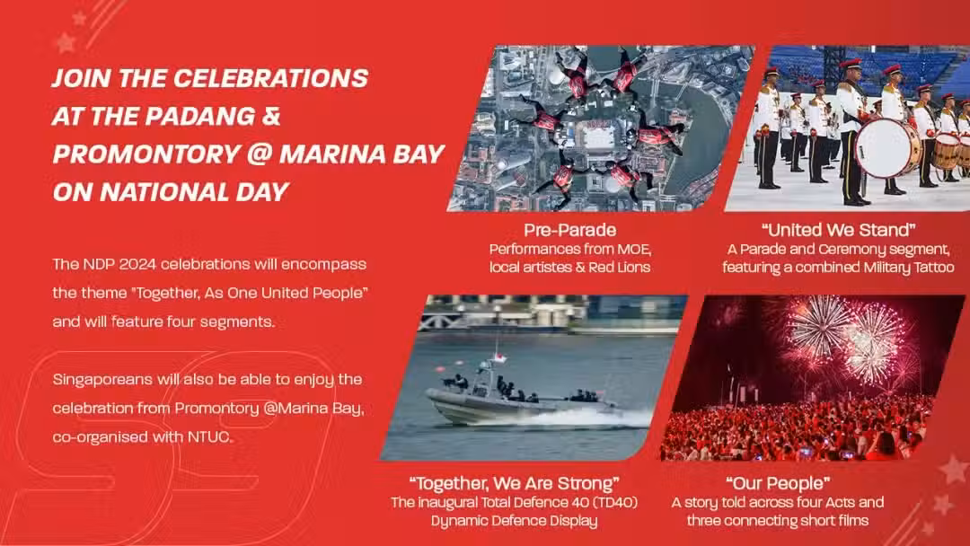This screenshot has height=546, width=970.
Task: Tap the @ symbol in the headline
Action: tap(260, 154)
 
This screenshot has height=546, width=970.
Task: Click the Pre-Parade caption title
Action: tap(569, 230)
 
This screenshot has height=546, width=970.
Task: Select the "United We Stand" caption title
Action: tap(838, 230)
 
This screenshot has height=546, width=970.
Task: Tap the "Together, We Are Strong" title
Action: tap(514, 483)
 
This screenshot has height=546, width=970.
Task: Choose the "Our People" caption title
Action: tap(778, 483)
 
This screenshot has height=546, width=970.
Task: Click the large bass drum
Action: tap(886, 148)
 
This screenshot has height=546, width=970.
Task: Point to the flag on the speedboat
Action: tap(498, 357)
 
